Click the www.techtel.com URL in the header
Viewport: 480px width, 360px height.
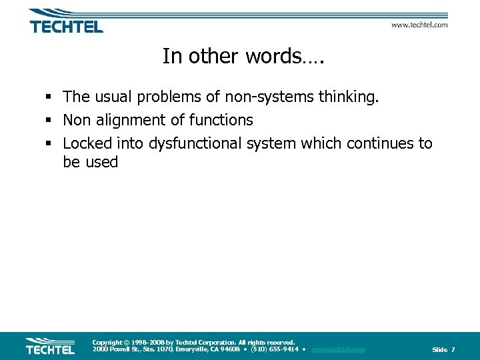coord(419,25)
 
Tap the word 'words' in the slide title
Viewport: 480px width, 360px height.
coord(267,57)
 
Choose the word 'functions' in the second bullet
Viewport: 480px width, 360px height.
coord(221,121)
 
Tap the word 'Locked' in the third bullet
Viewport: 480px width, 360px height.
coord(87,143)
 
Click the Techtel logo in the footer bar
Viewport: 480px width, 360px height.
coord(50,346)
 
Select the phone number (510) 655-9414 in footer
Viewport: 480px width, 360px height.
coord(274,349)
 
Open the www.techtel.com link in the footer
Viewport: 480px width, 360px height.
coord(338,349)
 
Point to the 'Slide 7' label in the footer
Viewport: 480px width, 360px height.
coord(443,350)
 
